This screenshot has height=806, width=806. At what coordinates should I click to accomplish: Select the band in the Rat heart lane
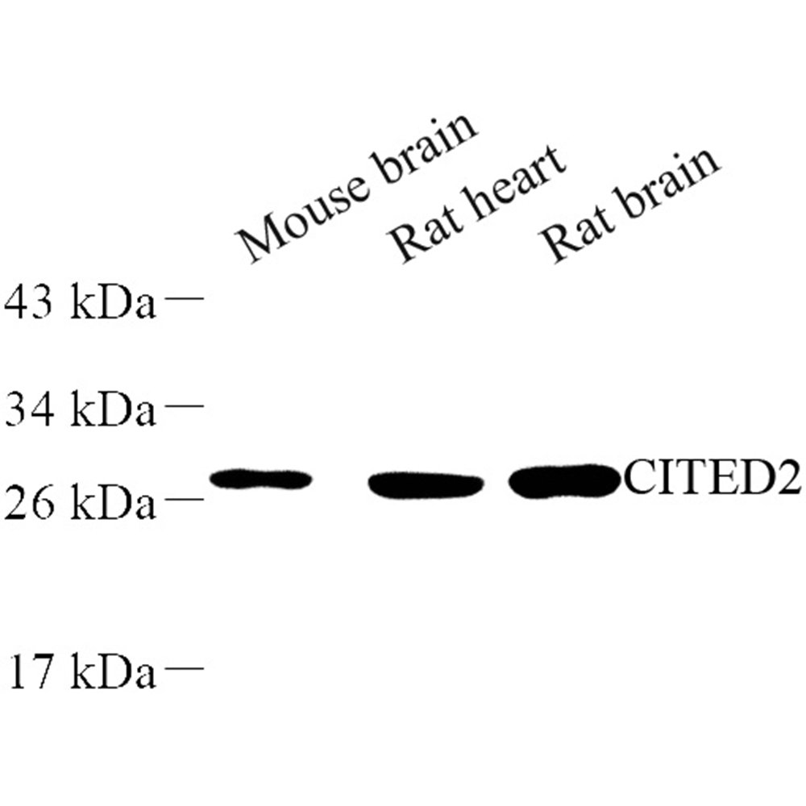pyautogui.click(x=425, y=484)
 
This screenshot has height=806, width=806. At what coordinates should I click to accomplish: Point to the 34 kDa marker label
pyautogui.click(x=80, y=409)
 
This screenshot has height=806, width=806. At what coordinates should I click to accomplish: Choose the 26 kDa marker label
pyautogui.click(x=80, y=501)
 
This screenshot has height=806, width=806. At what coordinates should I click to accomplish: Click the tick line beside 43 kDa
pyautogui.click(x=184, y=298)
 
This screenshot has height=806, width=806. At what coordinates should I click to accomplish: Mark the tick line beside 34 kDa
pyautogui.click(x=184, y=405)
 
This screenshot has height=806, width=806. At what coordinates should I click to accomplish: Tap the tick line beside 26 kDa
pyautogui.click(x=184, y=499)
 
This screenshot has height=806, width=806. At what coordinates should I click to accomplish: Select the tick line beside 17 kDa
pyautogui.click(x=184, y=667)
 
